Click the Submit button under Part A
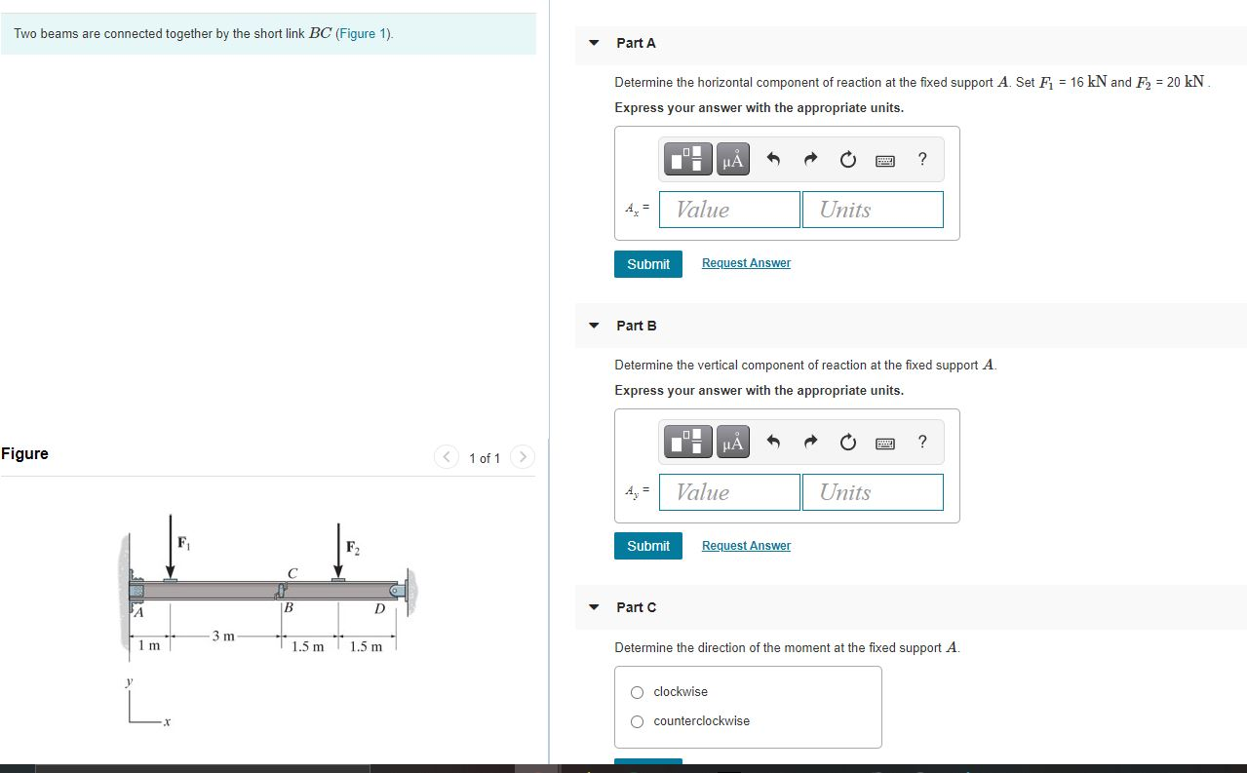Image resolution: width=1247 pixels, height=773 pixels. point(648,264)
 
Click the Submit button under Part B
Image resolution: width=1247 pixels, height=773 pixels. point(648,546)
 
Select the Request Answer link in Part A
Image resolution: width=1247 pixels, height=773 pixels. point(746,263)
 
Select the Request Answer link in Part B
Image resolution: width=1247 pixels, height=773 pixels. point(746,546)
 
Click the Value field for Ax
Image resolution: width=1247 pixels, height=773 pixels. point(729,210)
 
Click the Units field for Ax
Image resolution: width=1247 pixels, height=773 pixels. point(873,210)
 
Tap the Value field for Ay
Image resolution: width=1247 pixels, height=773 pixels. point(729,492)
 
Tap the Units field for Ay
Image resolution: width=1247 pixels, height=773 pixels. point(873,492)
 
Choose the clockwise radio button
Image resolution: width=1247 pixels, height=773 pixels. point(637,692)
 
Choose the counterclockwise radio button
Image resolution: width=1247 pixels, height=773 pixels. point(637,721)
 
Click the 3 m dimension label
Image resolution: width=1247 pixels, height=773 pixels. point(222,637)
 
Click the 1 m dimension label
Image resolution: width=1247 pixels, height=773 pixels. point(149,646)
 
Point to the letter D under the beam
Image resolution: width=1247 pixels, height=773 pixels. point(380,610)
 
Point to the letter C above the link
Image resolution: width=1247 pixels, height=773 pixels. point(292,572)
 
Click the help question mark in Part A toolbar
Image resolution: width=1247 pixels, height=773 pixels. point(922,159)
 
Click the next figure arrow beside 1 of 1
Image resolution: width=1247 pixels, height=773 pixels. point(523,457)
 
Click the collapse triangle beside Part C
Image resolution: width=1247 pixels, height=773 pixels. point(594,607)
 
